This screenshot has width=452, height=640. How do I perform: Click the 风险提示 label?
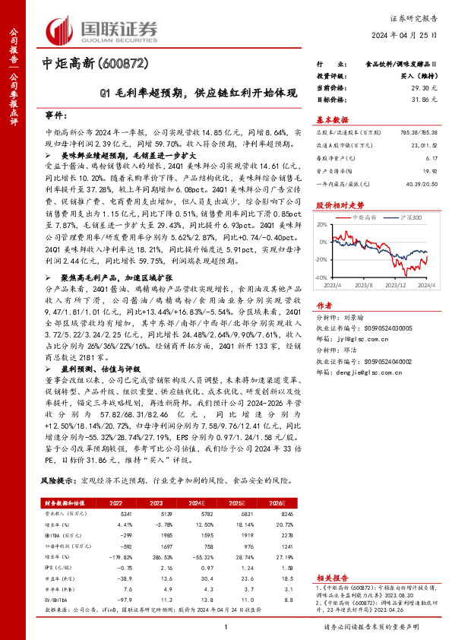point(58,481)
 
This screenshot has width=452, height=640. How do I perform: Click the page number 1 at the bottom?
point(226,626)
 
